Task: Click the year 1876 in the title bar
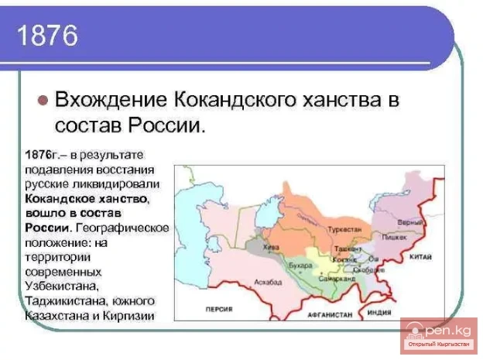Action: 47,36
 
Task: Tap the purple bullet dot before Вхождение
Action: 44,101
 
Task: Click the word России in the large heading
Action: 166,125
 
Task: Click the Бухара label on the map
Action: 300,266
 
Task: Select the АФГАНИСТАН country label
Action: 328,316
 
